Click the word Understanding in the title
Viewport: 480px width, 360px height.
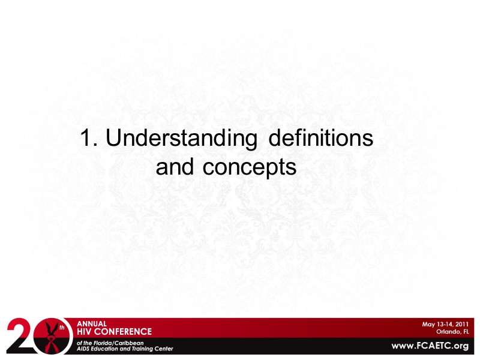coord(182,140)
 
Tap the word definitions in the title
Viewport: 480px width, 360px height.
coord(320,139)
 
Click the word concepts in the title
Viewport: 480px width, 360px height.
coord(250,168)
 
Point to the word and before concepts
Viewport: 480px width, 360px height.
coord(174,167)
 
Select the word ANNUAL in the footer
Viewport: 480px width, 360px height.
coord(91,323)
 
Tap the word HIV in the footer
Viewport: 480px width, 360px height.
coord(86,331)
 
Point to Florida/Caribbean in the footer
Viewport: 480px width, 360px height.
coord(118,341)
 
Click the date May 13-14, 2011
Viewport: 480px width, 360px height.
coord(445,324)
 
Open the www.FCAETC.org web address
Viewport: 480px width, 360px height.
coord(430,346)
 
